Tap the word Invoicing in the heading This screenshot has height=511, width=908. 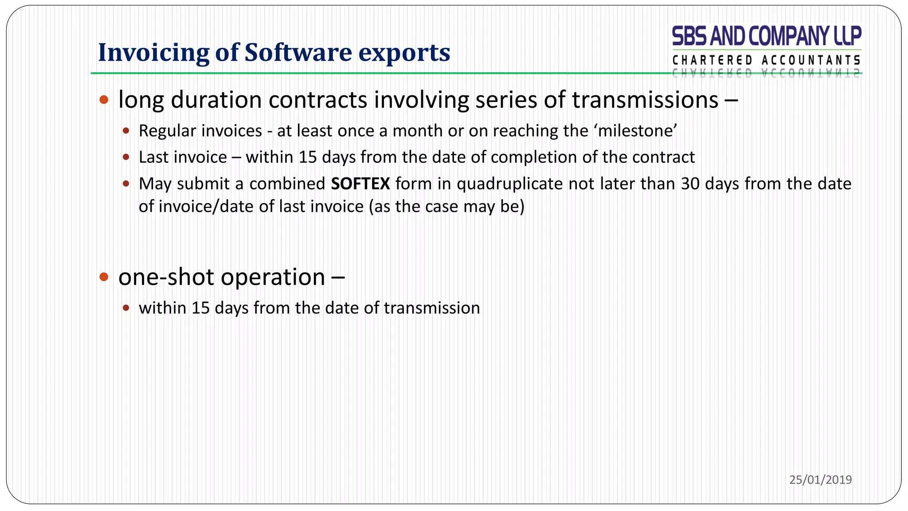(153, 53)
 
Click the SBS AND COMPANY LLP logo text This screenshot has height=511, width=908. (767, 36)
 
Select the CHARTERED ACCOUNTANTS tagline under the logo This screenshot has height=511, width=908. (767, 60)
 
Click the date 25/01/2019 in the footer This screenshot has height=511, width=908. (820, 480)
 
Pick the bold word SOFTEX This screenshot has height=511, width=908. (360, 184)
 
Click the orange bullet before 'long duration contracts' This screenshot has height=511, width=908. (104, 99)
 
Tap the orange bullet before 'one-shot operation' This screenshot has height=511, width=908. (104, 277)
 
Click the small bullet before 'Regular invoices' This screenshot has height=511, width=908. (126, 131)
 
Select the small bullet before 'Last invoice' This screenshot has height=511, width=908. (126, 157)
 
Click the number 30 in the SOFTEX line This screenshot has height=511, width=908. (690, 184)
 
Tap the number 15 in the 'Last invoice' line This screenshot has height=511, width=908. (308, 157)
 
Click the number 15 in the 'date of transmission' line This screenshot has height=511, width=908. (200, 308)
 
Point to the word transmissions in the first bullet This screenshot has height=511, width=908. (645, 99)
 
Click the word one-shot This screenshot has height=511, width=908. (167, 277)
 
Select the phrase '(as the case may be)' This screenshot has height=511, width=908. (446, 207)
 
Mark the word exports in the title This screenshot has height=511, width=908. (404, 53)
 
